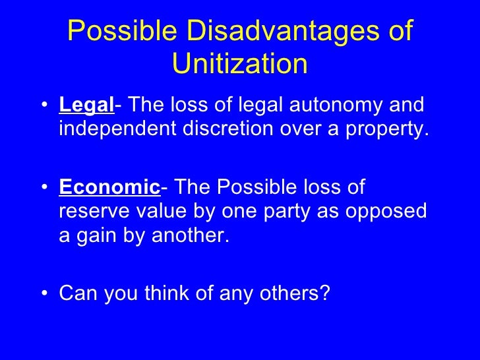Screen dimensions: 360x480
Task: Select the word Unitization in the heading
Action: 239,64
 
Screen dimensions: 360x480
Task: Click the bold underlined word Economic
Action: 109,188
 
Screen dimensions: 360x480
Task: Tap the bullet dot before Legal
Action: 44,107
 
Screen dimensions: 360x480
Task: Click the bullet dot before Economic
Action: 44,189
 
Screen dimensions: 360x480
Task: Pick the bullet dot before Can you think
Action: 44,294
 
